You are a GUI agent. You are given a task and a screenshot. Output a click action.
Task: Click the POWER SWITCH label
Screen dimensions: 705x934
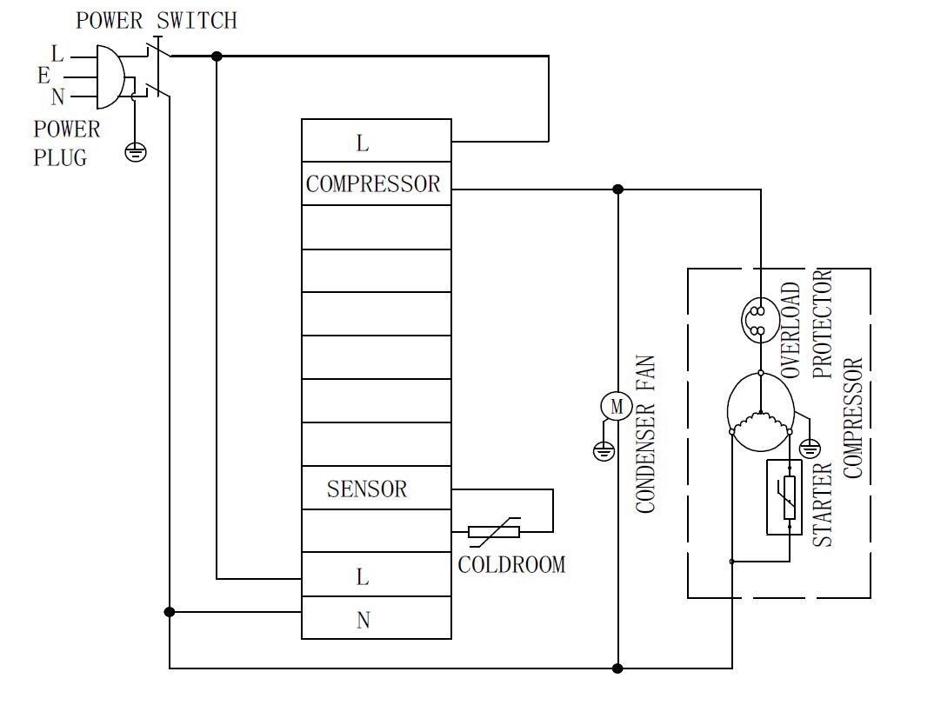[x=156, y=20]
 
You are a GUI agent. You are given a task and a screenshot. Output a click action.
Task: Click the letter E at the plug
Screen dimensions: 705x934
[x=43, y=76]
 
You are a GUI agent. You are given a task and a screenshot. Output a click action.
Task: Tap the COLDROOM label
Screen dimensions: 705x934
[x=511, y=565]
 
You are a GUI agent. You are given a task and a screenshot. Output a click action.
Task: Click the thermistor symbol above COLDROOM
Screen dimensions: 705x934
[x=494, y=531]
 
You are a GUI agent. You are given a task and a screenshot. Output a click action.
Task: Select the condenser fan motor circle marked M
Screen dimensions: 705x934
[x=617, y=406]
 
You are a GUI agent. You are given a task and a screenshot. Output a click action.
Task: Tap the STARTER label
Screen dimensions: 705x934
[x=823, y=504]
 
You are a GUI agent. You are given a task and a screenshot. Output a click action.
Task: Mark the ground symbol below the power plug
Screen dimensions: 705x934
[x=135, y=152]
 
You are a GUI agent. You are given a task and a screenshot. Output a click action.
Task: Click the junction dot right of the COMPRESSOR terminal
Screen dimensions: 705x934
[x=617, y=189]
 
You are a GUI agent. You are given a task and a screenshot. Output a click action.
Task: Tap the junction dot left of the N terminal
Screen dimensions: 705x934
[x=170, y=612]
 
